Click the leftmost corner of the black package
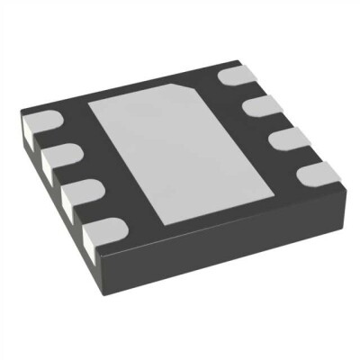(x=19, y=113)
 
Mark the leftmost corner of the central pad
(x=87, y=103)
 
